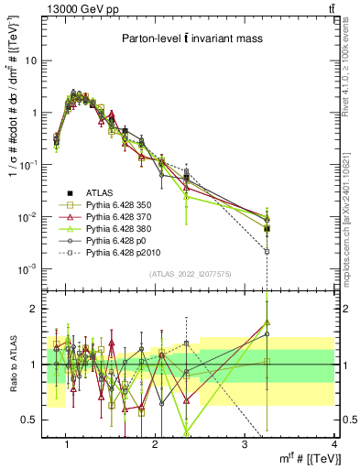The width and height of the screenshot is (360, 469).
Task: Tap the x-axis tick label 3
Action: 245,443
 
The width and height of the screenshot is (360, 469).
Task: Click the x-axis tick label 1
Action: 67,443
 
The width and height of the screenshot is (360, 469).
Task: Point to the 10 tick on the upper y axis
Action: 38,60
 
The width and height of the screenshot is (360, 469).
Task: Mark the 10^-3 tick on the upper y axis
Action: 36,268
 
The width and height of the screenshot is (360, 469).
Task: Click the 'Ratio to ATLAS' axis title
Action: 14,364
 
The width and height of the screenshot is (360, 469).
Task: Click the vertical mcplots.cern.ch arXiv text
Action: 351,220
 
